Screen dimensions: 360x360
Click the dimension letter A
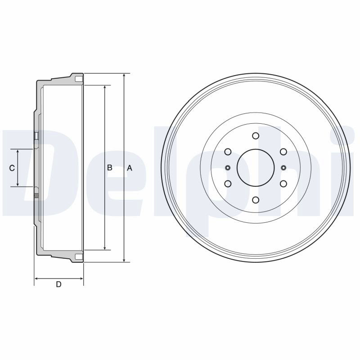pos(130,168)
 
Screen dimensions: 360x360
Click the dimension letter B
pos(110,168)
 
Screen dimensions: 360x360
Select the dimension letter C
pos(12,168)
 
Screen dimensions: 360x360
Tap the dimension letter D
pos(59,284)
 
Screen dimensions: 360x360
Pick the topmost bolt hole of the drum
pos(256,136)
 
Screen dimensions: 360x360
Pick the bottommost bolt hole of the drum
pos(256,200)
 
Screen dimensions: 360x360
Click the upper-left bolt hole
pos(228,152)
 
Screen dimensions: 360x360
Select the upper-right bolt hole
pos(283,152)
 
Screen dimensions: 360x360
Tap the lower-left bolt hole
pos(228,184)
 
